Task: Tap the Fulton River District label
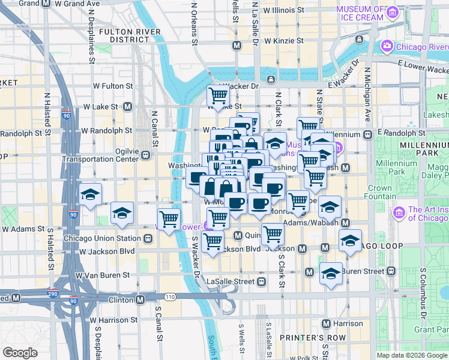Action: pyautogui.click(x=130, y=35)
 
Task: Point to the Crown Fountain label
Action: pyautogui.click(x=379, y=192)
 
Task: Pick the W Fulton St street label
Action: pyautogui.click(x=112, y=86)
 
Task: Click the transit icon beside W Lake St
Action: pyautogui.click(x=127, y=106)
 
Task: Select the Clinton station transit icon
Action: pyautogui.click(x=140, y=299)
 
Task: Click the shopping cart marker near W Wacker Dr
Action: pyautogui.click(x=218, y=95)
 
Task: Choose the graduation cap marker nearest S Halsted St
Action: pyautogui.click(x=90, y=194)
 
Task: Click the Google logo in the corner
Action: pyautogui.click(x=20, y=353)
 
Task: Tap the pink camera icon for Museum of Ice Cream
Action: pyautogui.click(x=393, y=12)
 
